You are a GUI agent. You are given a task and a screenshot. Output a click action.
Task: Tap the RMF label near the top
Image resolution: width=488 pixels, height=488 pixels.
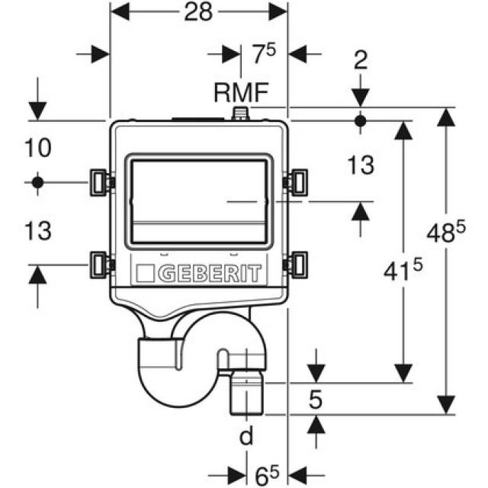pos(240,94)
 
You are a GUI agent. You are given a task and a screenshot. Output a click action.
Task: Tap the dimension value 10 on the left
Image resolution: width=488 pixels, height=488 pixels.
pos(37,147)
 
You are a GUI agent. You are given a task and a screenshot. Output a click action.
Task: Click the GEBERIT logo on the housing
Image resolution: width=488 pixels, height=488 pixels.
pos(198,273)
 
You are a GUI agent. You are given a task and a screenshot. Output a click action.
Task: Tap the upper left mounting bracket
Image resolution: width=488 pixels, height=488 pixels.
pos(99,181)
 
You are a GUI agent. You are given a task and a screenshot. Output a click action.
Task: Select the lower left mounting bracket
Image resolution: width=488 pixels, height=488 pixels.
pos(99,264)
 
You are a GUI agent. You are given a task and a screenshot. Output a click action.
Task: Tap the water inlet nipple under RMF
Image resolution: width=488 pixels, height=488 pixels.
pos(240,115)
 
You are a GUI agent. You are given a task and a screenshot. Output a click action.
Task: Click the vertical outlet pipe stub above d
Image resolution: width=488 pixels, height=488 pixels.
pos(246,393)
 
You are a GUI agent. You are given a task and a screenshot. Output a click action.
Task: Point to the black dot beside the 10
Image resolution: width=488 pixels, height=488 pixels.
pos(37,182)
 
